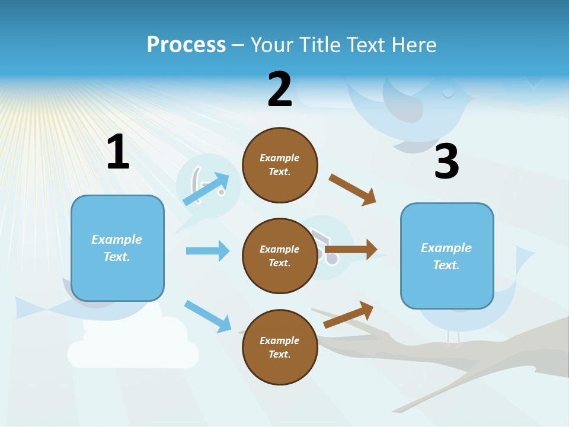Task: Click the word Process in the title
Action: tap(186, 45)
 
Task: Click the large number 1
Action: tap(118, 152)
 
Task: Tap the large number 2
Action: tap(280, 90)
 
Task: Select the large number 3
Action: tap(446, 161)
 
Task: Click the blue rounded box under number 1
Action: tap(117, 248)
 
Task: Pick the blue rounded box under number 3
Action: tap(446, 256)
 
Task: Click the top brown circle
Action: tap(280, 165)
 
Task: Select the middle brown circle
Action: tap(280, 256)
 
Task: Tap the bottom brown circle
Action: tap(280, 347)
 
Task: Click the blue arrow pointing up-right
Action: tap(205, 189)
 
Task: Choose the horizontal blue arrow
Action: tap(207, 251)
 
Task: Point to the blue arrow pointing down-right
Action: tap(207, 316)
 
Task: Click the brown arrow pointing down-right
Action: tap(352, 190)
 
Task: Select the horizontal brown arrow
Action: tap(351, 250)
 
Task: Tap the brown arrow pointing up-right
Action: tap(349, 314)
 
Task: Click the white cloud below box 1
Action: tap(133, 347)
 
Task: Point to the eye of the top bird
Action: tap(447, 92)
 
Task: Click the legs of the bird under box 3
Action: tap(453, 338)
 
